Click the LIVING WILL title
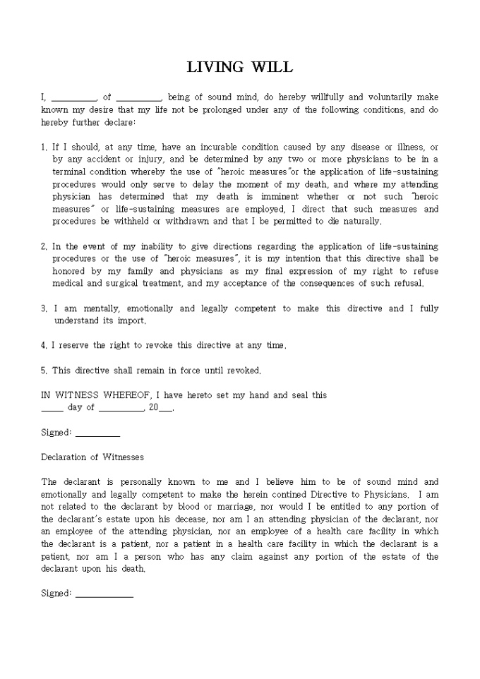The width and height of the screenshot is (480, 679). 239,68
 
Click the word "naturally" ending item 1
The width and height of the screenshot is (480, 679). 361,222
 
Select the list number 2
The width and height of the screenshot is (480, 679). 44,246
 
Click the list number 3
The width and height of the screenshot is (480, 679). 44,308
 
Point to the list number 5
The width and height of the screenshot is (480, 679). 44,370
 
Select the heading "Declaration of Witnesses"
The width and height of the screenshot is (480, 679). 92,457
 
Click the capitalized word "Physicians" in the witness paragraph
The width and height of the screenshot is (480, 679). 385,494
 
